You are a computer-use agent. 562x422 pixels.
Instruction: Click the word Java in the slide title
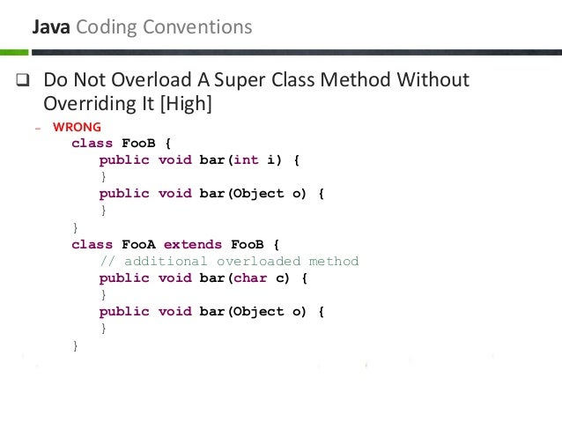click(52, 27)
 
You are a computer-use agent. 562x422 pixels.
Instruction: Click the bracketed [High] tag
click(183, 104)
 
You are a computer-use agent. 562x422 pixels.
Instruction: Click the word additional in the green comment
click(166, 261)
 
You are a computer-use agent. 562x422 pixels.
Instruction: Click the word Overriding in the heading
click(85, 104)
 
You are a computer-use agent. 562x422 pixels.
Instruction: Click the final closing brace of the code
click(75, 345)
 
